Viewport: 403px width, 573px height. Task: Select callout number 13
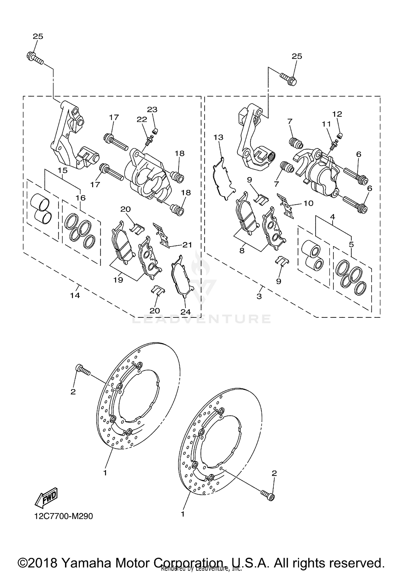coord(218,137)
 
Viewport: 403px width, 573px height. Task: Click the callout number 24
coord(185,312)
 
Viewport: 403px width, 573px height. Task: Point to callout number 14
coord(75,295)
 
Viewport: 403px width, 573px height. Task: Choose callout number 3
coord(259,296)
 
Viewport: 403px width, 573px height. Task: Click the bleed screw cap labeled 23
coord(155,131)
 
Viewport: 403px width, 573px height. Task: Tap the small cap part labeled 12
coord(340,135)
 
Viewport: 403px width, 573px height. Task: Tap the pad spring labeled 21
coord(162,234)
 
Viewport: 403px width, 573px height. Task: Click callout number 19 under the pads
coord(118,280)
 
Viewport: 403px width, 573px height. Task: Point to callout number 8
coord(242,251)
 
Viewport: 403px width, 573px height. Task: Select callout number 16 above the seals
coord(81,198)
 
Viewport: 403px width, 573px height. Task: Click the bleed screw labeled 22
coord(149,140)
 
